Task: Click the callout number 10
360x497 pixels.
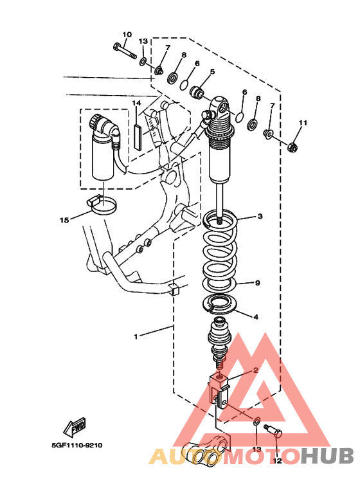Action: pos(127,34)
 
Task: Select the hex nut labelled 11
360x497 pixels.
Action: pos(292,147)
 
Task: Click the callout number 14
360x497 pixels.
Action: pos(136,103)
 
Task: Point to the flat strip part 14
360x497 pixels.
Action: pos(138,136)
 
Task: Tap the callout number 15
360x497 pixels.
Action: pos(64,220)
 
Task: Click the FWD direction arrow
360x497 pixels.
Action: pos(75,427)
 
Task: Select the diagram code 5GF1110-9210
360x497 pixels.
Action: pos(77,446)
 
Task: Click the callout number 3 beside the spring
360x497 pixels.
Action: pos(260,217)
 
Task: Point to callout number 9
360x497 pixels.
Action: pos(257,282)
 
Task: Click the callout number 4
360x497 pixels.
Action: pos(256,316)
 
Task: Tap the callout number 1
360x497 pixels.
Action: pos(136,337)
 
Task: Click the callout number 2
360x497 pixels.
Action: pos(256,370)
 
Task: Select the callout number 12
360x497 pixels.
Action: pos(277,460)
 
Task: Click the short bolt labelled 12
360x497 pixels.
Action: pos(273,431)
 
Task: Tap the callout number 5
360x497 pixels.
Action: pos(212,71)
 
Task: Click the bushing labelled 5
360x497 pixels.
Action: pos(197,91)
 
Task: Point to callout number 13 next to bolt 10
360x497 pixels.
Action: pos(143,41)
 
